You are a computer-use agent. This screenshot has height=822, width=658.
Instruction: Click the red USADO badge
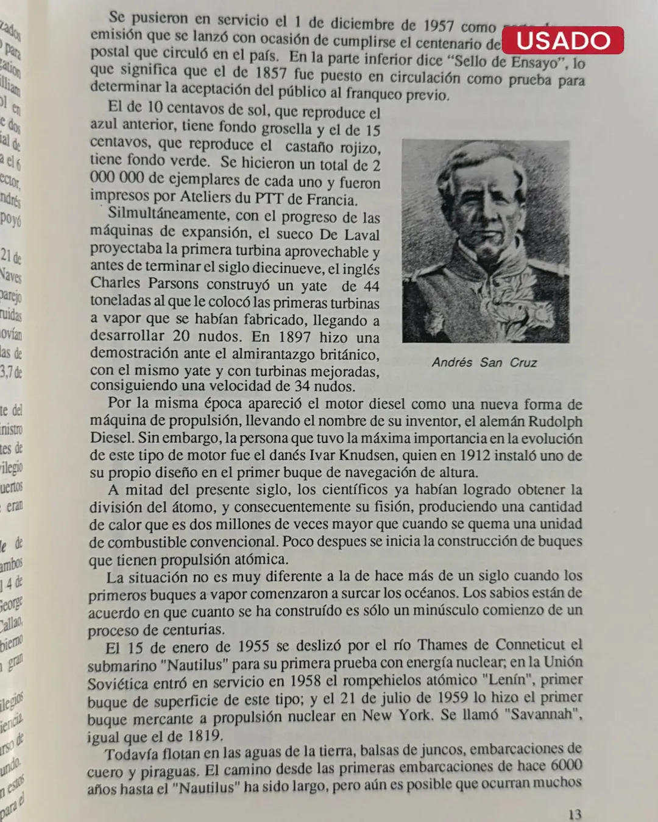tap(562, 40)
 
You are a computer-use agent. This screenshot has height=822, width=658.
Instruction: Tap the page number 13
tap(575, 814)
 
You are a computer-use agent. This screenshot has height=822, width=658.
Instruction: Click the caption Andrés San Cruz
tap(484, 362)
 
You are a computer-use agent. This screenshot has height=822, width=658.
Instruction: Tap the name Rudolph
tap(554, 421)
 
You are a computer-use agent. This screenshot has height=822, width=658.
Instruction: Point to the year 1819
tap(205, 736)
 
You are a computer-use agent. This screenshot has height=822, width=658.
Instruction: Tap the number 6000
tap(566, 765)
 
